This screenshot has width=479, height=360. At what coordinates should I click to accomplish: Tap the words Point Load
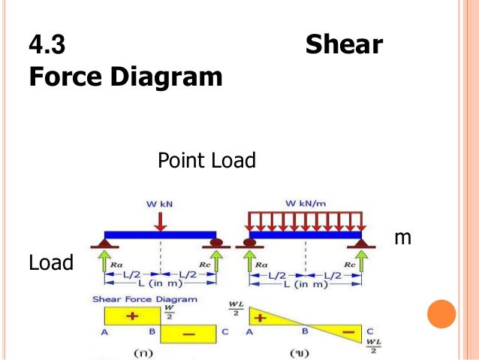(207, 160)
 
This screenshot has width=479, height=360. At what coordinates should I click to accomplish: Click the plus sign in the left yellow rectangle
(133, 316)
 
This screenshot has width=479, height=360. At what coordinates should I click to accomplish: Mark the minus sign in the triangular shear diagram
(347, 331)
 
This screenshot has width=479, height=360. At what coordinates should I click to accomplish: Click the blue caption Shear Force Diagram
(145, 299)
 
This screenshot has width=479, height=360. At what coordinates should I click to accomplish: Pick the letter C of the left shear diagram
(224, 331)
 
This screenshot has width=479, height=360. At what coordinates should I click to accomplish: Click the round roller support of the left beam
(218, 242)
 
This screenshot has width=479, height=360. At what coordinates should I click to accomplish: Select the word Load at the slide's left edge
(51, 263)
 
